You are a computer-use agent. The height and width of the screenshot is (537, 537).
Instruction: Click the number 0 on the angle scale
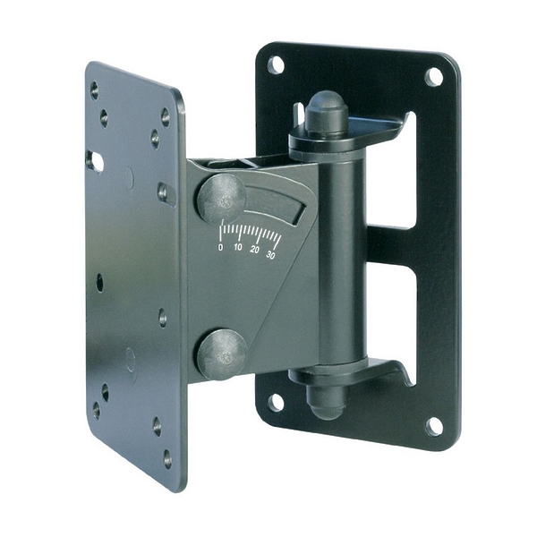point(220,247)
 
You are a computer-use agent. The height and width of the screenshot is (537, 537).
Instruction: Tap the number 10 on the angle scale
point(238,247)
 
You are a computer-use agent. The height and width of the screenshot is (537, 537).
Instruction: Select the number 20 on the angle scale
point(254,250)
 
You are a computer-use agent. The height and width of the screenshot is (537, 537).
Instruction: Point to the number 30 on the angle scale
point(270,255)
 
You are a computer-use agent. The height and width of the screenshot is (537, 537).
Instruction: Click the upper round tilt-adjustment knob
point(221,199)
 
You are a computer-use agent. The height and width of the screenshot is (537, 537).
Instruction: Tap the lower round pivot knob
point(222,354)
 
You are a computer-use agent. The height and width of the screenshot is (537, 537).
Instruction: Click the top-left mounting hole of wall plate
point(276,64)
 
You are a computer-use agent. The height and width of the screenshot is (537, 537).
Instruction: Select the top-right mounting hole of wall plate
point(433,77)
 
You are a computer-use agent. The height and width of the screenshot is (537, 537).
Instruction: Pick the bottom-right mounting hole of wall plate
point(434,427)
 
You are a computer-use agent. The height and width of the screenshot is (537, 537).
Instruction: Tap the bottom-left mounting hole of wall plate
point(276,403)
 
